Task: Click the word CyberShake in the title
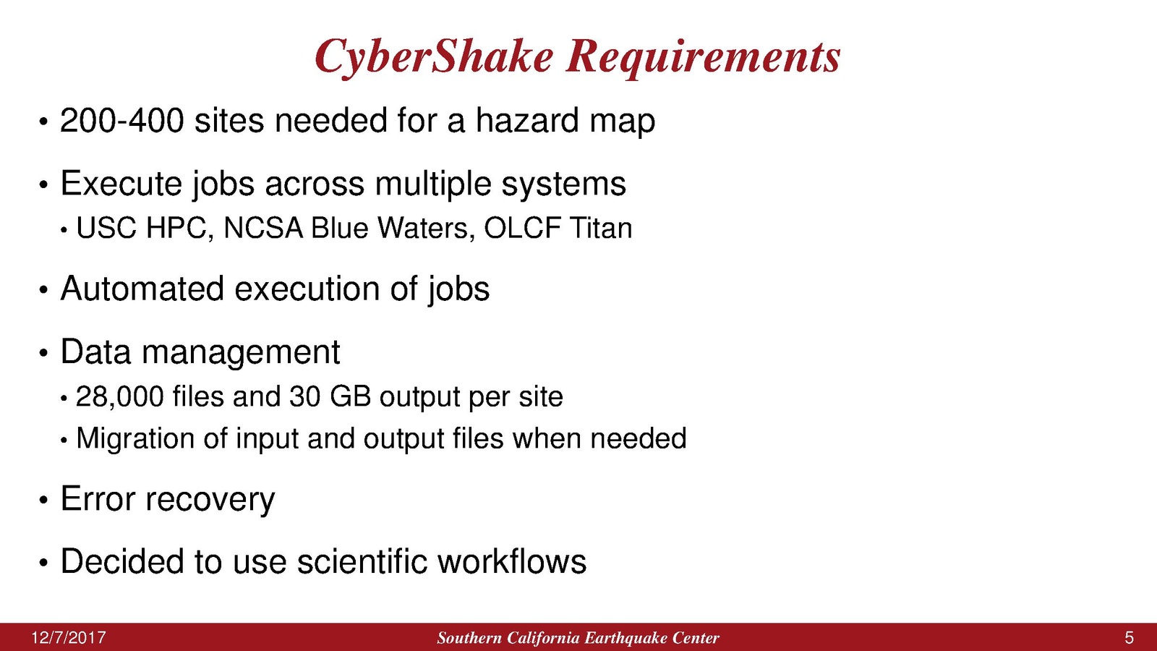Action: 434,58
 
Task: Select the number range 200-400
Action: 122,120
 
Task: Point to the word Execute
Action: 121,184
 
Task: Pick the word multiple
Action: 433,184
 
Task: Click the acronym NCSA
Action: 263,228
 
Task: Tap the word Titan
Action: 601,228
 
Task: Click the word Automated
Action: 142,289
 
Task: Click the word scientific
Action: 362,561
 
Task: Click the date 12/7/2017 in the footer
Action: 69,637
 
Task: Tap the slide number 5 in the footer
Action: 1129,637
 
